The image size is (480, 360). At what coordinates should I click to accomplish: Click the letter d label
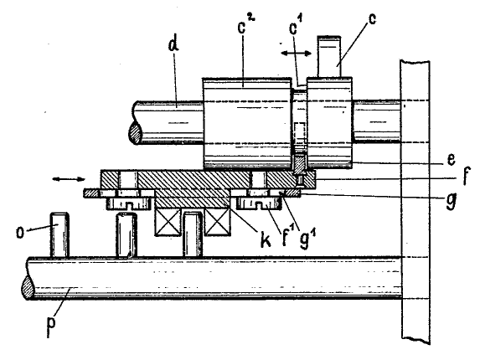(173, 44)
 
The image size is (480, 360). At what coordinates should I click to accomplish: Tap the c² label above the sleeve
(246, 23)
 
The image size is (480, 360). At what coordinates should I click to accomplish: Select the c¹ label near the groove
(295, 27)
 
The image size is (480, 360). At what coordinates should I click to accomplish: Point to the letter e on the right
(451, 160)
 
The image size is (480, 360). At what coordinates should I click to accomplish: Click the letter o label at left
(20, 233)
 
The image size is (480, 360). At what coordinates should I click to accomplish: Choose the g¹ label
(308, 240)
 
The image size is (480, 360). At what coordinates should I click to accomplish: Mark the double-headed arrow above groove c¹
(296, 54)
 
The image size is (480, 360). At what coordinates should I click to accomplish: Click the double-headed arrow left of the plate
(69, 179)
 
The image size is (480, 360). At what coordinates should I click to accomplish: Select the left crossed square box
(168, 223)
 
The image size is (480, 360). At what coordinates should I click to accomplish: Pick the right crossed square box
(217, 223)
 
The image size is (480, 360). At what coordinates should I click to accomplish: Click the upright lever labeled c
(329, 56)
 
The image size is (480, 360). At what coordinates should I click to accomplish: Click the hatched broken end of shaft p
(28, 287)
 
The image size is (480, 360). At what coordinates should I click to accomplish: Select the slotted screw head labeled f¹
(259, 203)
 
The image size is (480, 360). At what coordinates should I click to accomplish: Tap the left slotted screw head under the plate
(129, 203)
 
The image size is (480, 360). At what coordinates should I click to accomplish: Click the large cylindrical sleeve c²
(247, 123)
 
